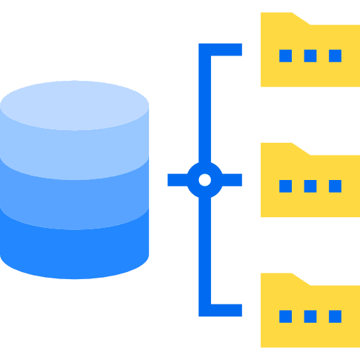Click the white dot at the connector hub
click(205, 180)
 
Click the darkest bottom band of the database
click(75, 243)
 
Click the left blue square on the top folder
click(285, 56)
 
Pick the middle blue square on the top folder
click(310, 56)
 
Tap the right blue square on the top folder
click(335, 56)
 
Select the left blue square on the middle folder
click(285, 186)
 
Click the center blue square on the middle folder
click(310, 186)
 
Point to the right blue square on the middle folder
click(335, 186)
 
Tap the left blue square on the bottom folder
click(285, 316)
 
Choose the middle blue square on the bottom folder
click(310, 316)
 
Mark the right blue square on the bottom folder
click(335, 316)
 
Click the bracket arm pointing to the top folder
click(225, 50)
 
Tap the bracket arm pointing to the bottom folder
click(225, 310)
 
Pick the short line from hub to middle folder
click(232, 180)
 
